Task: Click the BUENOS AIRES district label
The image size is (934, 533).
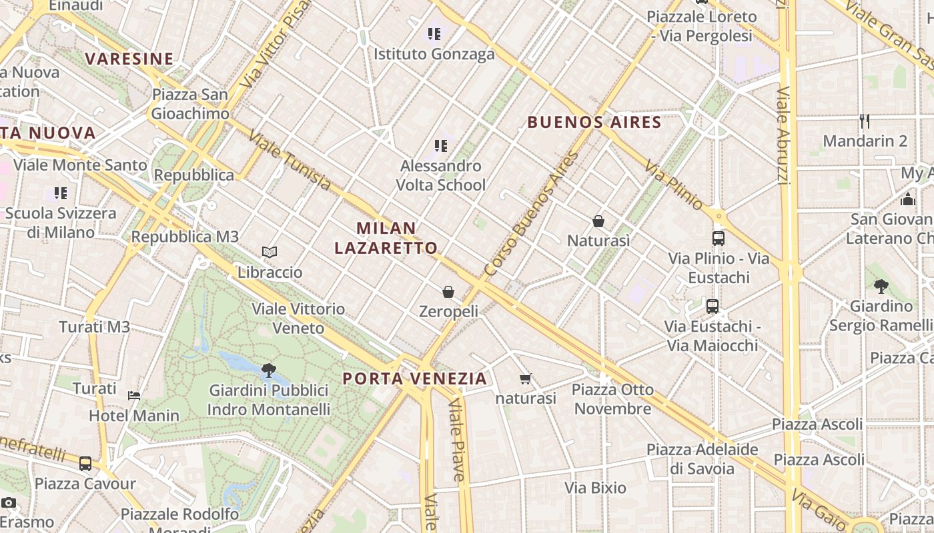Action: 594,123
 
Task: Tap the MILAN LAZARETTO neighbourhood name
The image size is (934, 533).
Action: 386,238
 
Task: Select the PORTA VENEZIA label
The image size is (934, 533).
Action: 414,379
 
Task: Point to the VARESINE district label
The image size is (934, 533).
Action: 129,59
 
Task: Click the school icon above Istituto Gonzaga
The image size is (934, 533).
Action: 434,33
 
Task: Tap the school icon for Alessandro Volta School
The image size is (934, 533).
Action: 440,145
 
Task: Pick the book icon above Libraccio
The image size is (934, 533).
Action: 270,252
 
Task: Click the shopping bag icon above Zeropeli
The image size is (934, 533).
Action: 448,292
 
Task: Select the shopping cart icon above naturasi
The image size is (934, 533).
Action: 526,379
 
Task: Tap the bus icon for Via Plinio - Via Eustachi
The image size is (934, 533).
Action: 719,238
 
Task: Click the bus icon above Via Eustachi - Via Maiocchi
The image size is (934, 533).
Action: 713,306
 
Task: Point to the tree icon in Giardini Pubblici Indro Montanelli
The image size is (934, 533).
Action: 269,370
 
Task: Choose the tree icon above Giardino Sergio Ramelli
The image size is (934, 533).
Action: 881,286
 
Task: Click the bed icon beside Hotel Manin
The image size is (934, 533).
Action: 134,395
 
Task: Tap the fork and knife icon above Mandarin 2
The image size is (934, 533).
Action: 865,121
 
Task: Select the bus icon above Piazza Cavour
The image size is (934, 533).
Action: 85,463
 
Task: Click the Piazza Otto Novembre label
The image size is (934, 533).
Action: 612,399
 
